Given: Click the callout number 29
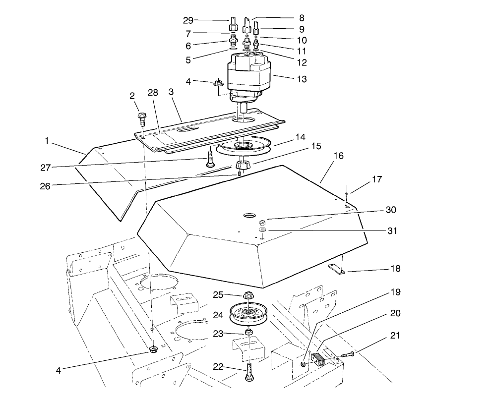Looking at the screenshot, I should pos(188,20).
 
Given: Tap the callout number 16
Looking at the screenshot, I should pos(338,156).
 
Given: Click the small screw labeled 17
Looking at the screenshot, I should pos(346,192).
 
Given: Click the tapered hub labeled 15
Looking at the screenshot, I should pos(243,165).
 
